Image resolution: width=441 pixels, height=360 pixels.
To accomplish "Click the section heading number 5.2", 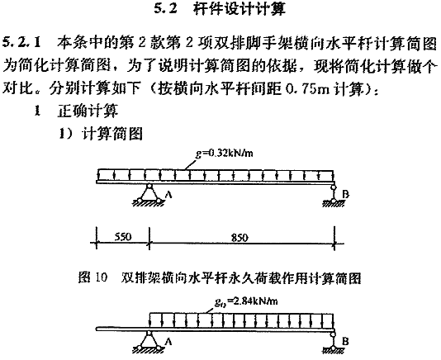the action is pyautogui.click(x=166, y=9).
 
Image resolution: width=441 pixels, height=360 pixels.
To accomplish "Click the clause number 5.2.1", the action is pyautogui.click(x=22, y=43).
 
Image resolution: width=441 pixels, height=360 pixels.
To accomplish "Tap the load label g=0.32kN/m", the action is pyautogui.click(x=224, y=154).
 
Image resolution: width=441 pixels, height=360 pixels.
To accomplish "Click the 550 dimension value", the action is pyautogui.click(x=123, y=236).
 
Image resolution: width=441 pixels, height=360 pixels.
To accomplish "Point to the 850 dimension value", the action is pyautogui.click(x=239, y=238).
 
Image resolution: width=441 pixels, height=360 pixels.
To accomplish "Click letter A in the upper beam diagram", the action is pyautogui.click(x=168, y=194).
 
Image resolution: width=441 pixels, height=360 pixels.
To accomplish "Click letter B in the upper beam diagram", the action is pyautogui.click(x=346, y=194).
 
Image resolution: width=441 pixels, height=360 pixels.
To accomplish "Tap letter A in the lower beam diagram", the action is pyautogui.click(x=168, y=342).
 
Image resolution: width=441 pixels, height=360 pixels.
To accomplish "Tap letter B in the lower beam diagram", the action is pyautogui.click(x=346, y=342).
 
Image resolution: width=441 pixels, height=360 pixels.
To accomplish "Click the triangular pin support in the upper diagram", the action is pyautogui.click(x=149, y=195).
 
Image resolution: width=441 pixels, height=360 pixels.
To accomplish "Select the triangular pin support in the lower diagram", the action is pyautogui.click(x=149, y=342).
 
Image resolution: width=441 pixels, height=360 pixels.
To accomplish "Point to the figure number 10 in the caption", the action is pyautogui.click(x=102, y=277).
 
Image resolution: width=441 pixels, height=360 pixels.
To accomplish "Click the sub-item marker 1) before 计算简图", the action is pyautogui.click(x=66, y=133).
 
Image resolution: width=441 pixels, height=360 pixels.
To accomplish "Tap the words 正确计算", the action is pyautogui.click(x=88, y=111).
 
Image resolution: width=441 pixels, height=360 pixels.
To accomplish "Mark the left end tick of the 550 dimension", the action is pyautogui.click(x=97, y=243).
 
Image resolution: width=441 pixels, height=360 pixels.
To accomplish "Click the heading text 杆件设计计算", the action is pyautogui.click(x=239, y=9).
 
